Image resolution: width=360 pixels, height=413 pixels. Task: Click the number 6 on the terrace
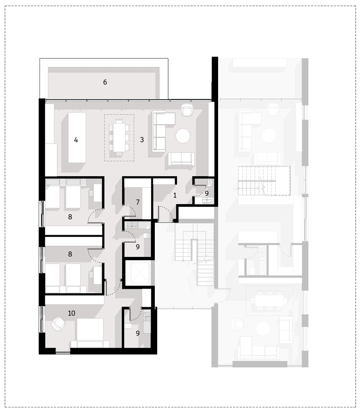pos(105,82)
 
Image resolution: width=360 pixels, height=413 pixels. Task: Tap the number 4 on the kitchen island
pos(76,140)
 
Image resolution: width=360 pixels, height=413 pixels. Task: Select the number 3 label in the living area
pos(142,140)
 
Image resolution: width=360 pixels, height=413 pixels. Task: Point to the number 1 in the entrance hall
pos(175,195)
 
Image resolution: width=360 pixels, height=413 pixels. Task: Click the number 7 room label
pos(138,202)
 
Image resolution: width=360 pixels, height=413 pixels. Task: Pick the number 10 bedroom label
pos(71,313)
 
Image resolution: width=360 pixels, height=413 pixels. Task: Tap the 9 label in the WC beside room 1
pos(207,193)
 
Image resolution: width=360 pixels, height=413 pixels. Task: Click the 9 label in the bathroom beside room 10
pos(138,333)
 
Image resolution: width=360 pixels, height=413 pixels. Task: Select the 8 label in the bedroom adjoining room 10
pos(70,254)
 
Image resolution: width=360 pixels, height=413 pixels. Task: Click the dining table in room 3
pos(119,137)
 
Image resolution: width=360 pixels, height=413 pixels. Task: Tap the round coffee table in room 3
pos(183,136)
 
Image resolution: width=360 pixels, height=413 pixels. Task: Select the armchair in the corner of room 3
pos(187,109)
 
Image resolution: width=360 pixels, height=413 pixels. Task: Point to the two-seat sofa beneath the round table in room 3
pos(181,159)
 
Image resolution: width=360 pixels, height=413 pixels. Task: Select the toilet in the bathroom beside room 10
pos(129,327)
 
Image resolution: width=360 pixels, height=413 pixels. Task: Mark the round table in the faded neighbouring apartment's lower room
pos(263,328)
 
